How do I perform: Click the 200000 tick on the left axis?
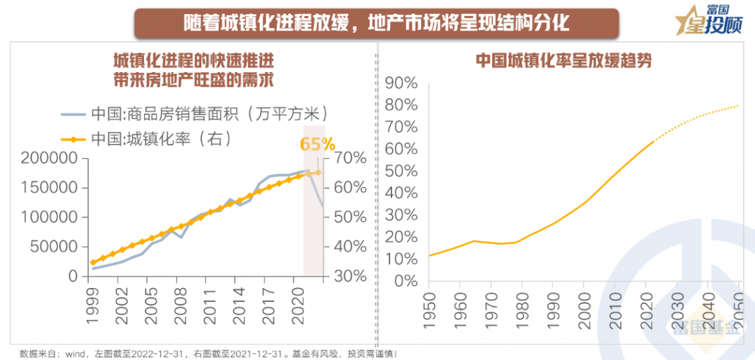pyautogui.click(x=49, y=158)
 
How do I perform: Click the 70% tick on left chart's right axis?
pyautogui.click(x=350, y=158)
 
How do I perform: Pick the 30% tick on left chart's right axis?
pyautogui.click(x=350, y=276)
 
